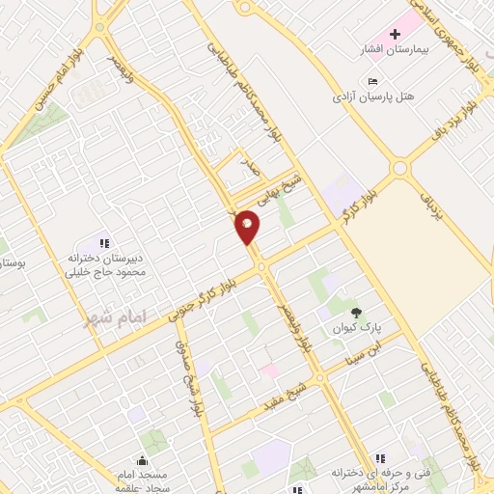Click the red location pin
pos(248,228)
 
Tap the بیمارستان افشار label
pos(413,48)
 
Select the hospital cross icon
pos(395,34)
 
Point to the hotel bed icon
pos(373,81)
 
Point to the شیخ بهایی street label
pos(287,189)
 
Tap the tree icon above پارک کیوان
pos(358,312)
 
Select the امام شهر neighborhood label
pos(100,316)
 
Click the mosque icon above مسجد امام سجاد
pos(142,460)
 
